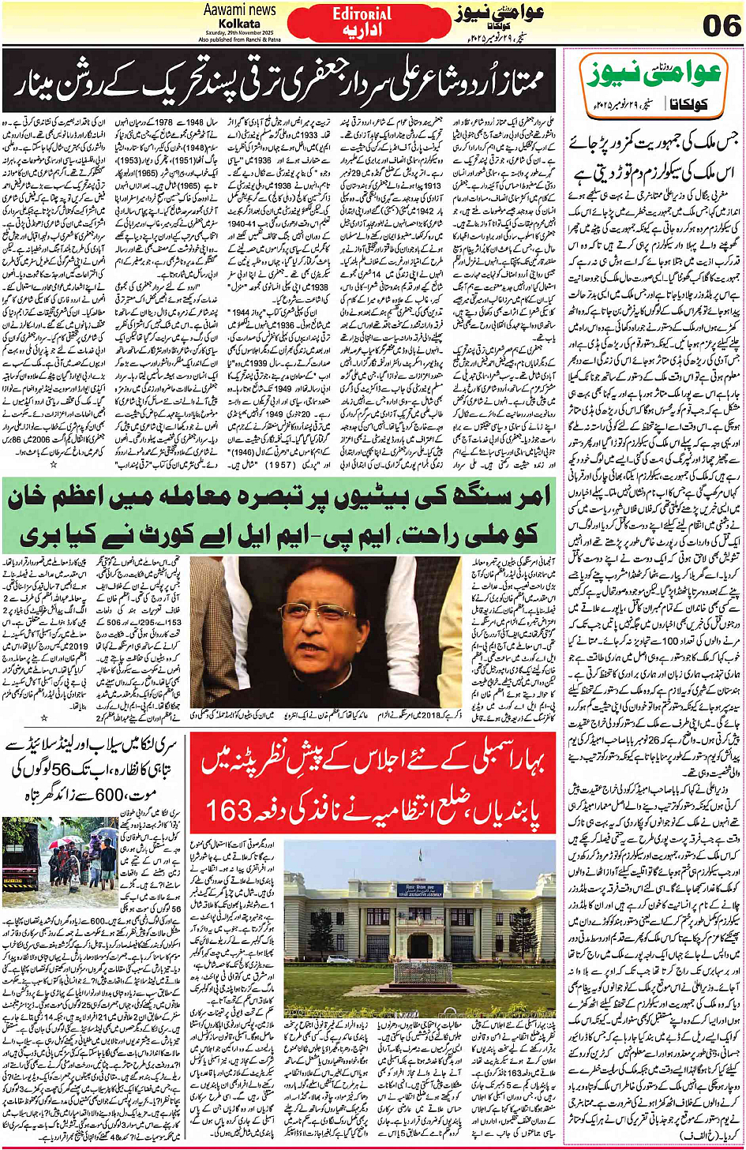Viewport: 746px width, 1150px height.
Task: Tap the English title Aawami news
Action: (x=239, y=10)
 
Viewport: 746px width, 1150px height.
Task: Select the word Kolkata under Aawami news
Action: (x=239, y=24)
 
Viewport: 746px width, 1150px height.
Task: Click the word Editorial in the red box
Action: (x=362, y=14)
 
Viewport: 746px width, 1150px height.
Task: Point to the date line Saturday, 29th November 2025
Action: (x=239, y=32)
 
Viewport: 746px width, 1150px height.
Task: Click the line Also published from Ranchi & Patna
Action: (x=239, y=39)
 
